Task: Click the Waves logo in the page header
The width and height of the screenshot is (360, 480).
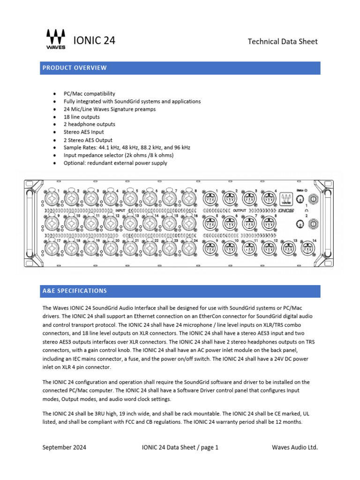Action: click(56, 39)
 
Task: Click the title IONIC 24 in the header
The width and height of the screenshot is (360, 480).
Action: click(94, 41)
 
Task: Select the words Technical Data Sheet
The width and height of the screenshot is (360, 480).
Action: click(282, 42)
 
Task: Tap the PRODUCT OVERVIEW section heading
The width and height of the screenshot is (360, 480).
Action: click(75, 67)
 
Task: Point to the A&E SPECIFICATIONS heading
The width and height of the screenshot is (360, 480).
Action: click(75, 291)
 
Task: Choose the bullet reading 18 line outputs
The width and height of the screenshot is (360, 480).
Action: click(82, 117)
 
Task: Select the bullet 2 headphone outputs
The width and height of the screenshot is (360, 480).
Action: click(89, 124)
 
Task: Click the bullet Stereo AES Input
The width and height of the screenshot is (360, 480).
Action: click(83, 132)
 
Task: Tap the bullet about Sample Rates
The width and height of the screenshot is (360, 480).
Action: click(127, 148)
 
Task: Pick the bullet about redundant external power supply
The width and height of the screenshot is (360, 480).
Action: click(115, 163)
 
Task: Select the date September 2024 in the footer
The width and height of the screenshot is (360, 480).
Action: click(64, 447)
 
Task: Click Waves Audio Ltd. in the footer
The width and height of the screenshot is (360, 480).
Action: click(295, 447)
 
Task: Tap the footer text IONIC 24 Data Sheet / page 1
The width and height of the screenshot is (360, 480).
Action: click(180, 447)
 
